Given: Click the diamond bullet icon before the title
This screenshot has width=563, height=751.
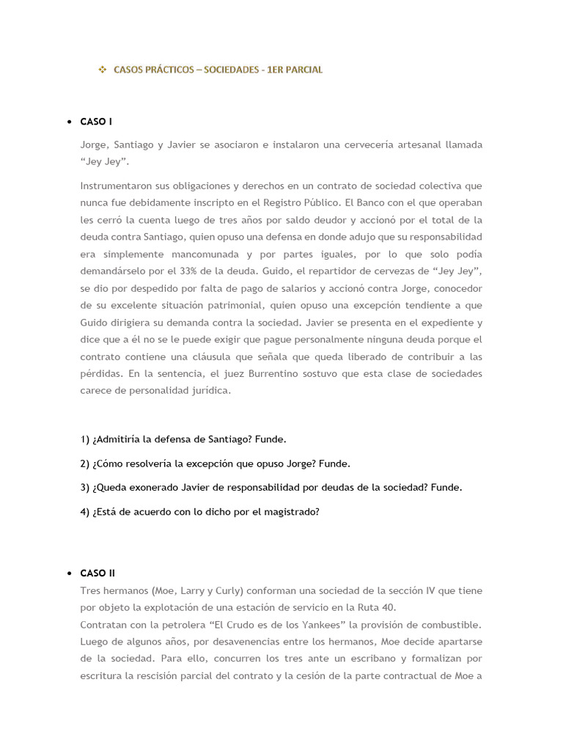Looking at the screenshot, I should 103,70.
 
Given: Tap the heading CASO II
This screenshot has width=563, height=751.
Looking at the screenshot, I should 97,573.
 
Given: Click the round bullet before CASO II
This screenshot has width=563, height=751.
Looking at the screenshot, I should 68,573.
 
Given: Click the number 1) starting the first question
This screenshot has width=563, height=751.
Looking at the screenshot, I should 85,439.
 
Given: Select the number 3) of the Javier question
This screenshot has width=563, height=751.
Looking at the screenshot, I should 85,487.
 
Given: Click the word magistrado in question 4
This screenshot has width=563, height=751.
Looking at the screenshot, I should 293,512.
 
